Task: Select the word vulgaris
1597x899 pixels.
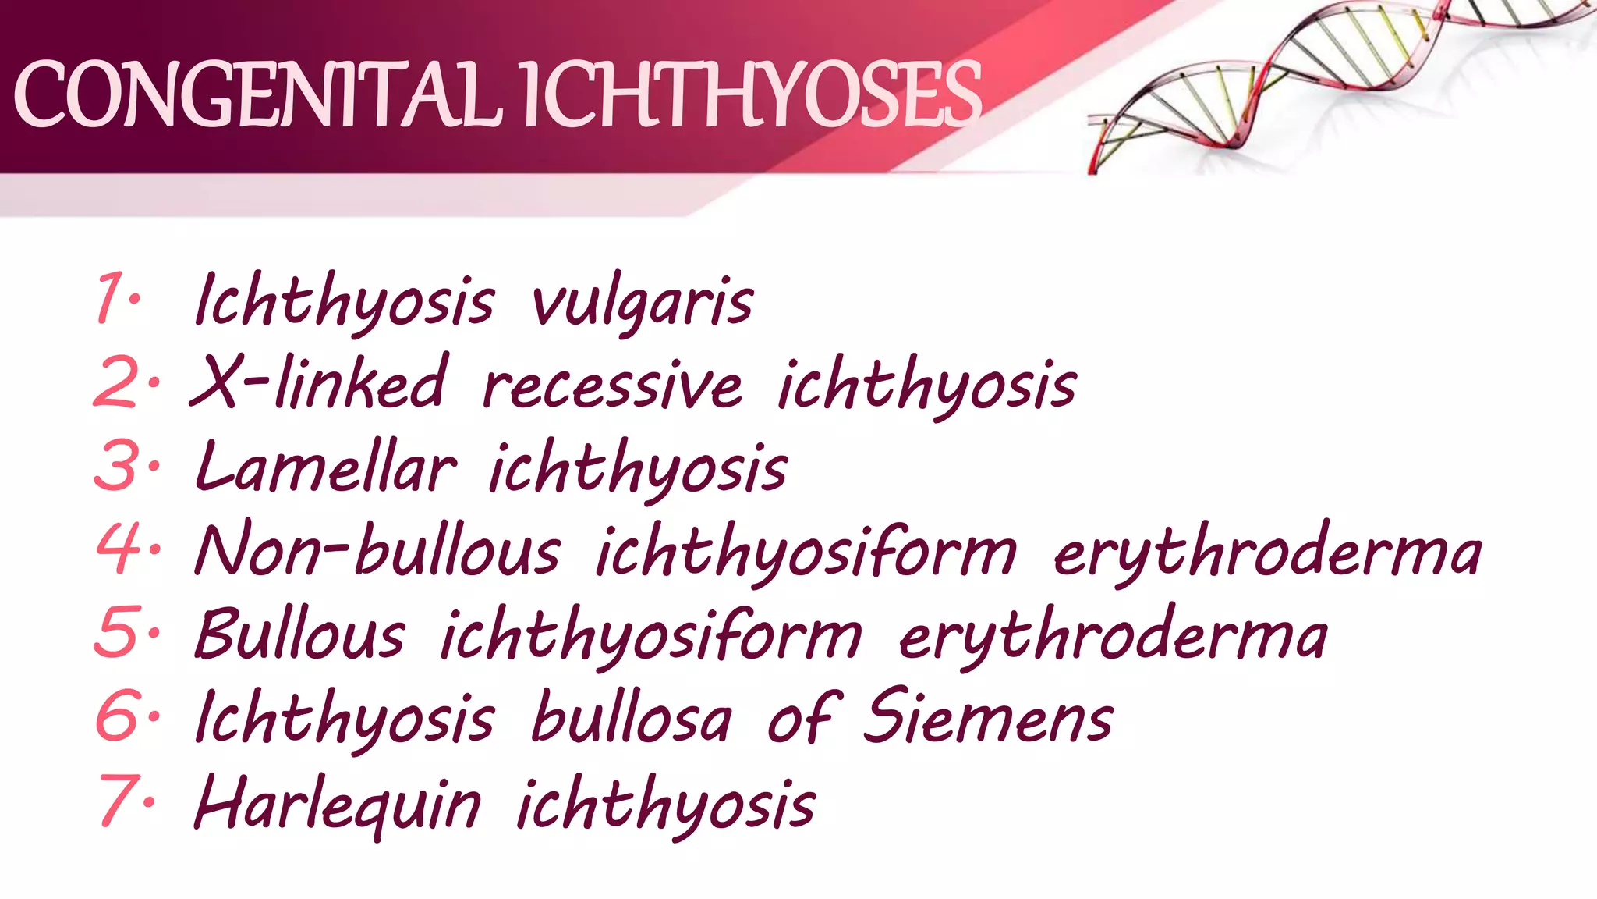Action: (x=642, y=303)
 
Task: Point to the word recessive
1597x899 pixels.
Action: (x=612, y=386)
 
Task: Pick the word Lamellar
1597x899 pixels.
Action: (x=325, y=467)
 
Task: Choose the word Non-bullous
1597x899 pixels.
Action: (x=377, y=551)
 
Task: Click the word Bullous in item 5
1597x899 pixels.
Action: (x=300, y=634)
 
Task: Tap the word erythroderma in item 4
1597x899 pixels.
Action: (x=1267, y=553)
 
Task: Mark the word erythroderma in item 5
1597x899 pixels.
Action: (x=1113, y=636)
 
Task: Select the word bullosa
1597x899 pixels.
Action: (x=632, y=718)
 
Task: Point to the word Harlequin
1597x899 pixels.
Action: (x=338, y=804)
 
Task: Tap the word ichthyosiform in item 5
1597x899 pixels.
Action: (x=651, y=636)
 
